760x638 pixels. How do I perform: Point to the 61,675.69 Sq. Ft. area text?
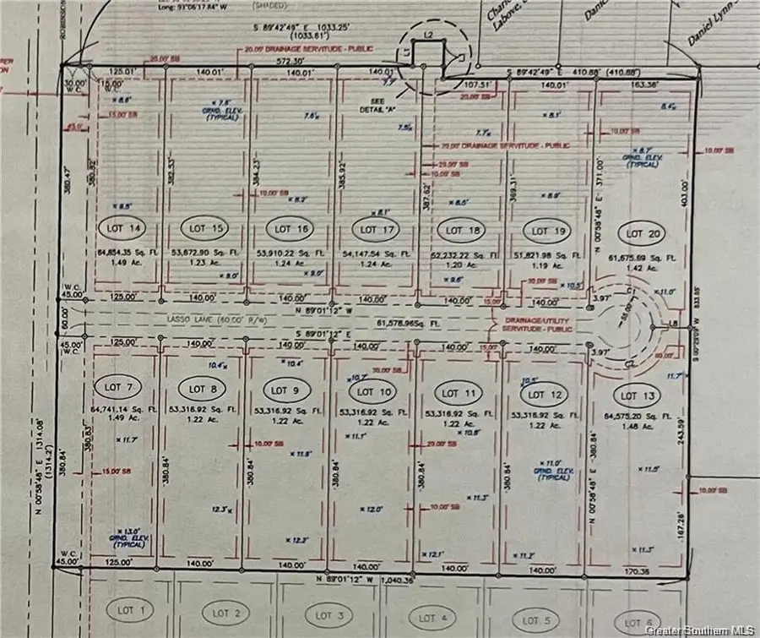[641, 255]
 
